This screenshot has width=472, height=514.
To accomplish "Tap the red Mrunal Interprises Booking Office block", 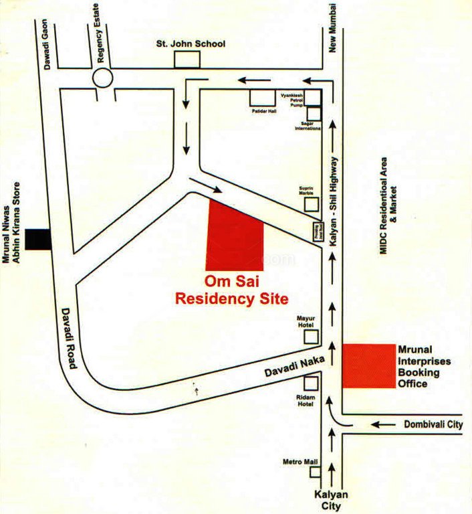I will click(368, 365).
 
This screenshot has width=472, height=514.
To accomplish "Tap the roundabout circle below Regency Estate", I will click(104, 78).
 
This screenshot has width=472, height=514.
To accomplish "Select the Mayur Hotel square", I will click(311, 336).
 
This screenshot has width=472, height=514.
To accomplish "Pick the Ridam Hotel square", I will click(311, 383).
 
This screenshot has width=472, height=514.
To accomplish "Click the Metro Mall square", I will click(314, 472).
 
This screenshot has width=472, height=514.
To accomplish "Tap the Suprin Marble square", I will click(312, 203).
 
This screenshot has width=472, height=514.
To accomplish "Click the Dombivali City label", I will click(433, 424).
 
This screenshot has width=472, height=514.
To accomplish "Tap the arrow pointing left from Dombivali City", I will click(383, 424).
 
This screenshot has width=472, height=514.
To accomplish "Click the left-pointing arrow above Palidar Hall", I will click(252, 80).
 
